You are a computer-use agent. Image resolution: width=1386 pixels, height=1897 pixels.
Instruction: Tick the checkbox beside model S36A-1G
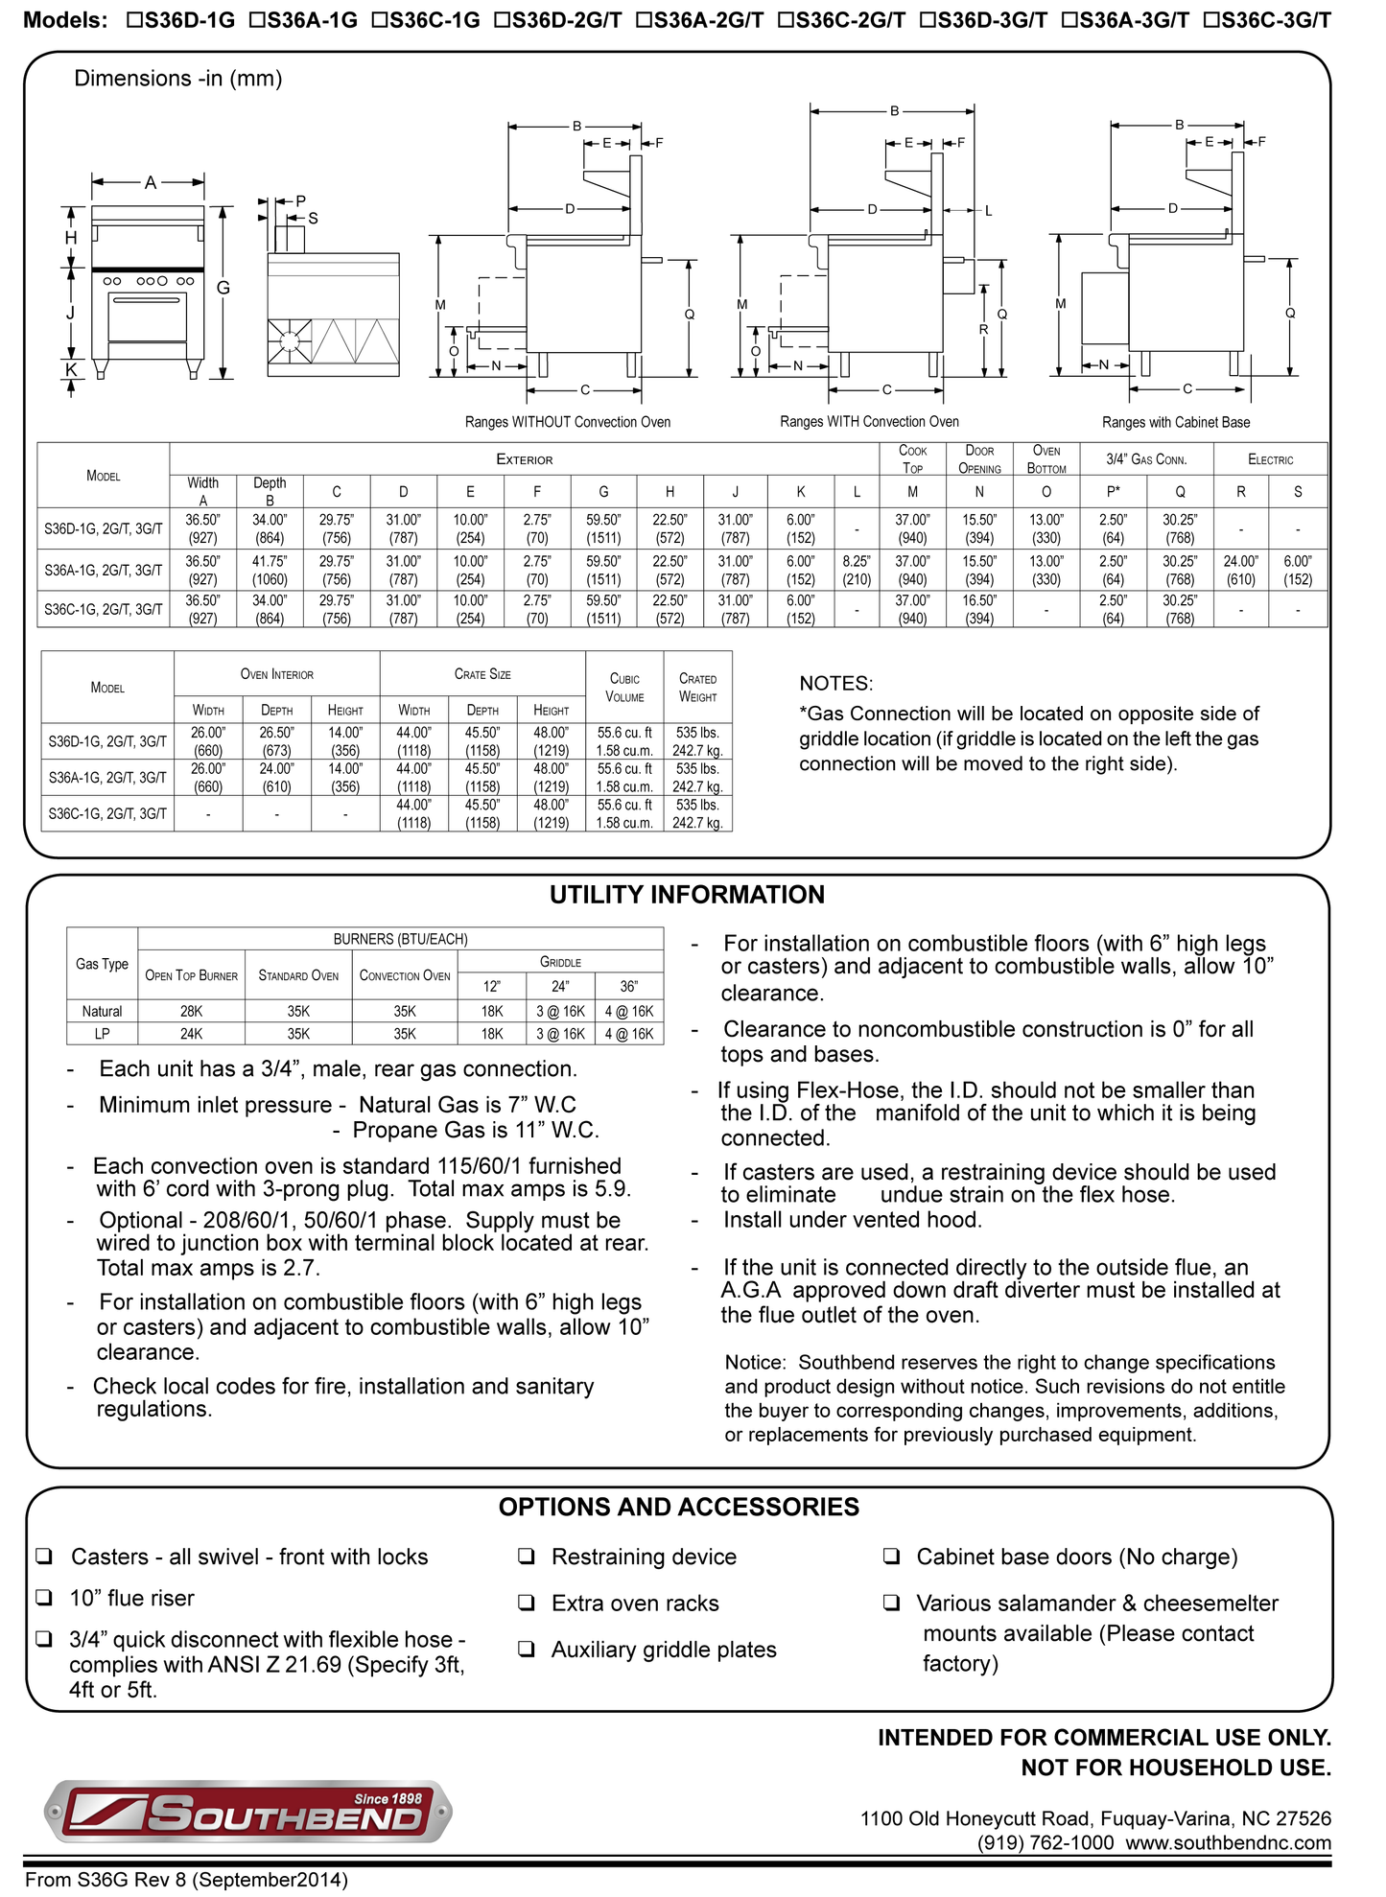(256, 20)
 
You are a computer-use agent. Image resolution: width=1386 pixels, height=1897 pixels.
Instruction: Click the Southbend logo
(247, 1811)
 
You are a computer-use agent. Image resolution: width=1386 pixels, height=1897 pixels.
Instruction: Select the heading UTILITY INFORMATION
(687, 895)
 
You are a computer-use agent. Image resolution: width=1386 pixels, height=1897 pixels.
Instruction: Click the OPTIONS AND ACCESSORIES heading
(678, 1507)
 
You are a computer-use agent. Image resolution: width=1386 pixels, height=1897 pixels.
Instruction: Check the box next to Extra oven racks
(527, 1603)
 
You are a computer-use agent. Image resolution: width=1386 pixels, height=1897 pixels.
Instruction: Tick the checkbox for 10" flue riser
(44, 1598)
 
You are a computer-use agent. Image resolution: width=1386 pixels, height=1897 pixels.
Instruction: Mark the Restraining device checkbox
(527, 1557)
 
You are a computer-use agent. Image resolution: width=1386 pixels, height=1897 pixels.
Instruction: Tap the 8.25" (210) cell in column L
(857, 571)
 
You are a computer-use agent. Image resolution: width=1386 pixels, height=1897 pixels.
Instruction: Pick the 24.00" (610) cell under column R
(1240, 571)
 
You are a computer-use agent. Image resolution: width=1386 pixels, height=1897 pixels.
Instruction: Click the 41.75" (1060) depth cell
(270, 571)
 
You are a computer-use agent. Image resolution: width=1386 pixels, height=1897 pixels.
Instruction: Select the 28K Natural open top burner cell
(191, 1011)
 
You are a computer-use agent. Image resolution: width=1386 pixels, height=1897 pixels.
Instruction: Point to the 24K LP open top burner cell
(191, 1034)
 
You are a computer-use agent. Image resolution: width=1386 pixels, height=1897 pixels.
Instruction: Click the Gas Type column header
(102, 964)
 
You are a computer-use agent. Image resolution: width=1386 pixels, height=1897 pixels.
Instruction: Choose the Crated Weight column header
(697, 688)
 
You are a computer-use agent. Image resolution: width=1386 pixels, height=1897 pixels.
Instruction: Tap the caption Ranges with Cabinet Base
(1175, 422)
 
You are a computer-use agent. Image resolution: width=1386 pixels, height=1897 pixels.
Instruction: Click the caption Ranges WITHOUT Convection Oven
(567, 422)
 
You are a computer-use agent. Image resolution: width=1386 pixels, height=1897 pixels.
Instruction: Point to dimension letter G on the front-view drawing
(223, 288)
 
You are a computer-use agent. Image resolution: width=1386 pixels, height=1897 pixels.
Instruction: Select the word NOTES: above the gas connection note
(835, 684)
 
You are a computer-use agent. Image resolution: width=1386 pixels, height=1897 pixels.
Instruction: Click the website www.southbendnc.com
(1228, 1842)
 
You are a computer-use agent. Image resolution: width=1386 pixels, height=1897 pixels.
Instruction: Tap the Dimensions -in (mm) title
(178, 79)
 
